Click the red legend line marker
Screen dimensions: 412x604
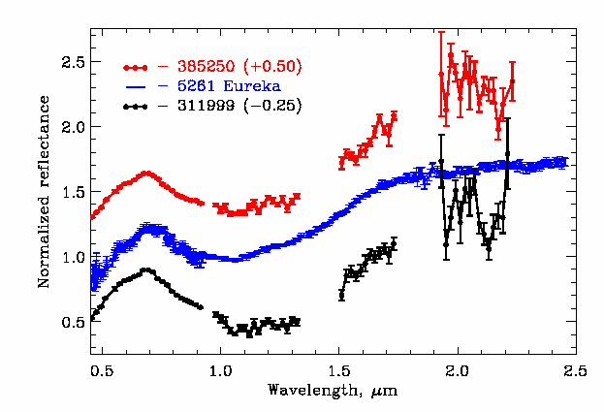coord(136,68)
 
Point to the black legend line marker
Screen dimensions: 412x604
coord(136,105)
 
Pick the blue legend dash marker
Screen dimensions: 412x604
coord(136,86)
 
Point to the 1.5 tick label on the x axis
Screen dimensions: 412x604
coord(338,369)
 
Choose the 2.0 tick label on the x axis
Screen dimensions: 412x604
coord(458,369)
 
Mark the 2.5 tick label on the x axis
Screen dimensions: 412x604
coord(576,369)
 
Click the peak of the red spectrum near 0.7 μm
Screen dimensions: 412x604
coord(145,174)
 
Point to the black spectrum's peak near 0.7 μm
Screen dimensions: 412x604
coord(145,270)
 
